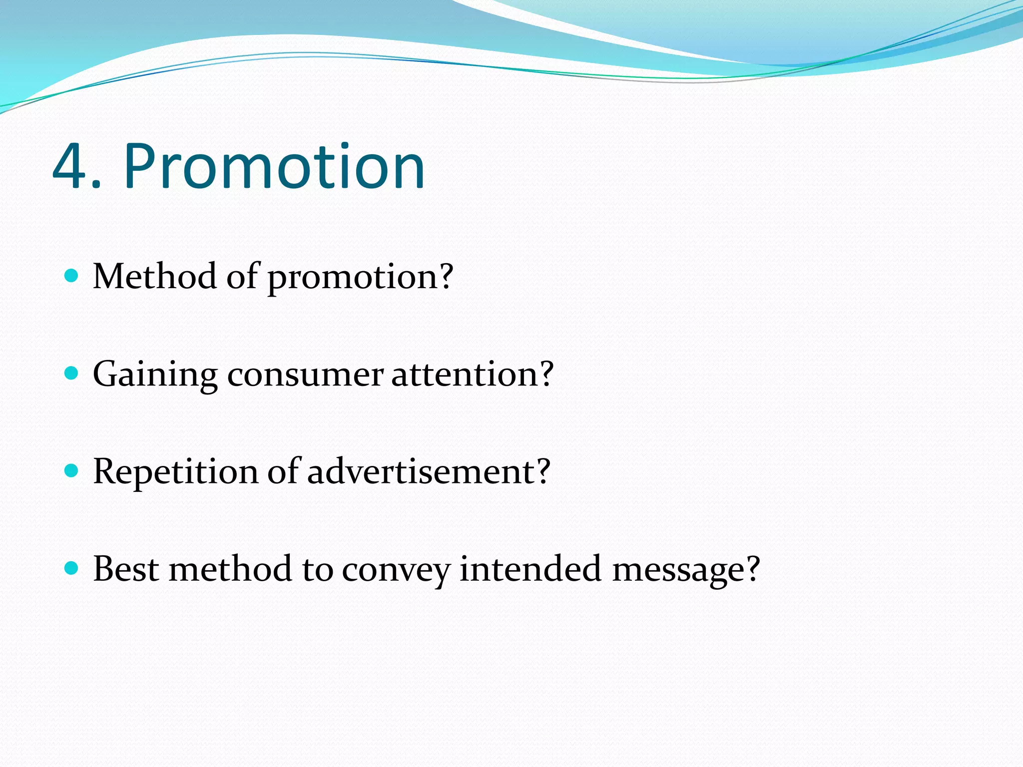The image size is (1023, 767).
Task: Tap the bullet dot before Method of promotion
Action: tap(72, 275)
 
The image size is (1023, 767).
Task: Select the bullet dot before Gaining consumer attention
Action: tap(72, 373)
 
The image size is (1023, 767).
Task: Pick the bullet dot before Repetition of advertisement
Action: tap(72, 470)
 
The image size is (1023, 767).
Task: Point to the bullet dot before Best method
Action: tap(72, 568)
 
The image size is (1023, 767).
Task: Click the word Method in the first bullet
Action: tap(154, 276)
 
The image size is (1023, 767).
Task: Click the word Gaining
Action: tap(155, 375)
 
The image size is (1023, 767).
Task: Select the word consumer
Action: tap(305, 375)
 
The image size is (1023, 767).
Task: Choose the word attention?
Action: tap(472, 374)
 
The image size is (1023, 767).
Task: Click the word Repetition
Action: tap(175, 472)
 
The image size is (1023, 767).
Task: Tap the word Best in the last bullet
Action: tap(125, 569)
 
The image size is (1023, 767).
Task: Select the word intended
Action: tap(530, 569)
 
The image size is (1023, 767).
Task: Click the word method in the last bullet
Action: tap(230, 569)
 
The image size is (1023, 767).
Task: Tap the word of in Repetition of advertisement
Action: tap(282, 471)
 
